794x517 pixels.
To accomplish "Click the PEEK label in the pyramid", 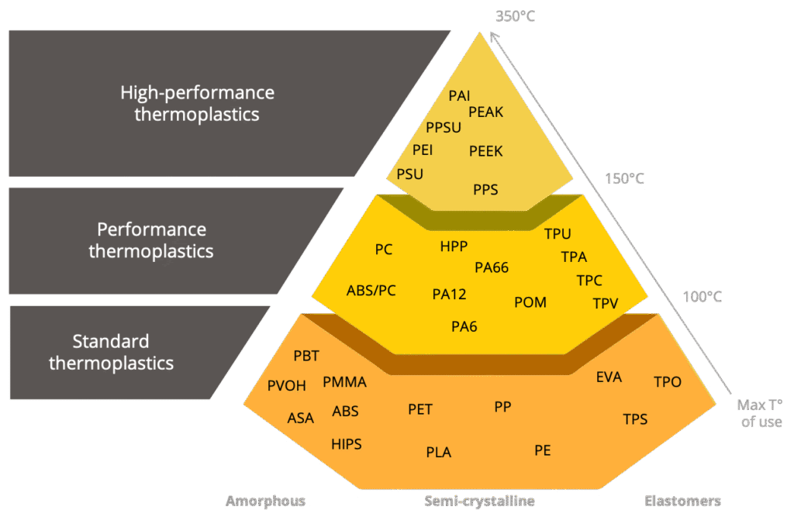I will (486, 151).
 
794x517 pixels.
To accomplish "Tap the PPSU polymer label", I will (444, 128).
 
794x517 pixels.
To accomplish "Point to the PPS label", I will (485, 189).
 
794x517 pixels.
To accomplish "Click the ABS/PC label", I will (371, 291).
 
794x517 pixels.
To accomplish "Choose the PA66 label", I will (492, 267).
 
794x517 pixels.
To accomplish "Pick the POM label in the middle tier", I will (530, 302).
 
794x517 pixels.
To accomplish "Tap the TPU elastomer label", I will (558, 233).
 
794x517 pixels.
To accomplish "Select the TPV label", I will (606, 303).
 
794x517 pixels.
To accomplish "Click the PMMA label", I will (344, 382).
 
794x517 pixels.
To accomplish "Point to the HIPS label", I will (347, 444).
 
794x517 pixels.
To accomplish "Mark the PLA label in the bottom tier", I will (439, 452).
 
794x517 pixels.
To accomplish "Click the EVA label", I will (609, 377).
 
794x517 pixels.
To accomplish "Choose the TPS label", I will (635, 419).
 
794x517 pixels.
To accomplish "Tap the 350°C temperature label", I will (515, 16).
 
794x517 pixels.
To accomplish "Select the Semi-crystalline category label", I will (479, 501).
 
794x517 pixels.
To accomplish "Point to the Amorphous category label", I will (265, 501).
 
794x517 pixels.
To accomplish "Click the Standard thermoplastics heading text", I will (112, 352).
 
